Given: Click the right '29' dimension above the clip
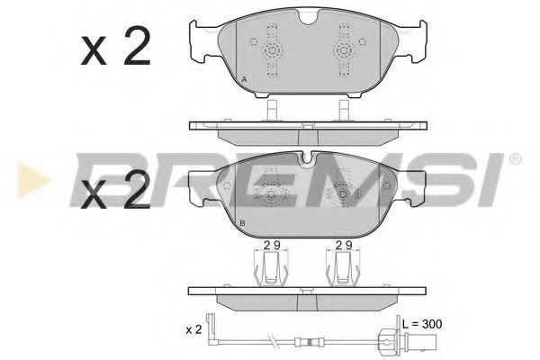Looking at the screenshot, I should click(343, 244).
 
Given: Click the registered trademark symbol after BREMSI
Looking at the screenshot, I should click(515, 160).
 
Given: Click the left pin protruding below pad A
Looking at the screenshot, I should click(269, 110).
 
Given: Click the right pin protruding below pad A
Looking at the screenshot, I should click(342, 110).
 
